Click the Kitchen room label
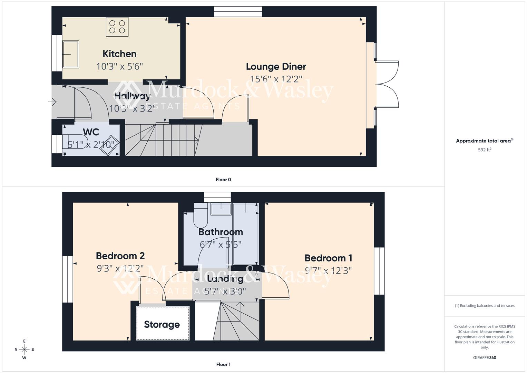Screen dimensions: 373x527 pyautogui.click(x=119, y=54)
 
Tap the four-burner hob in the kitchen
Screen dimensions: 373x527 pyautogui.click(x=117, y=27)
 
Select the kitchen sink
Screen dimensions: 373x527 pyautogui.click(x=71, y=54)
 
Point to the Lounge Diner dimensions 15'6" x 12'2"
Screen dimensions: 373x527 pyautogui.click(x=276, y=79)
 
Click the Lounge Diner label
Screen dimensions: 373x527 pyautogui.click(x=276, y=66)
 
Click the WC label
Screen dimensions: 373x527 pyautogui.click(x=91, y=132)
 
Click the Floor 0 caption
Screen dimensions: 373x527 pyautogui.click(x=223, y=180)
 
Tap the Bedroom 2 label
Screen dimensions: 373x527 pyautogui.click(x=120, y=256)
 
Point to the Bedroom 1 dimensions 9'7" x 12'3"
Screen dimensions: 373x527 pyautogui.click(x=328, y=270)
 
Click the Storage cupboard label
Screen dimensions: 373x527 pyautogui.click(x=162, y=324)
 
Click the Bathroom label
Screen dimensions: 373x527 pyautogui.click(x=221, y=232)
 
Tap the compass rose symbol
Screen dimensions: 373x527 pyautogui.click(x=24, y=350)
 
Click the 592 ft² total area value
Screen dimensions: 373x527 pyautogui.click(x=485, y=150)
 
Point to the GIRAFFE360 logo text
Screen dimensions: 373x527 pyautogui.click(x=485, y=358)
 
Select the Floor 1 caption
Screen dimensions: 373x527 pyautogui.click(x=223, y=364)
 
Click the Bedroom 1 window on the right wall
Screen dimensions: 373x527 pyautogui.click(x=379, y=271)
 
